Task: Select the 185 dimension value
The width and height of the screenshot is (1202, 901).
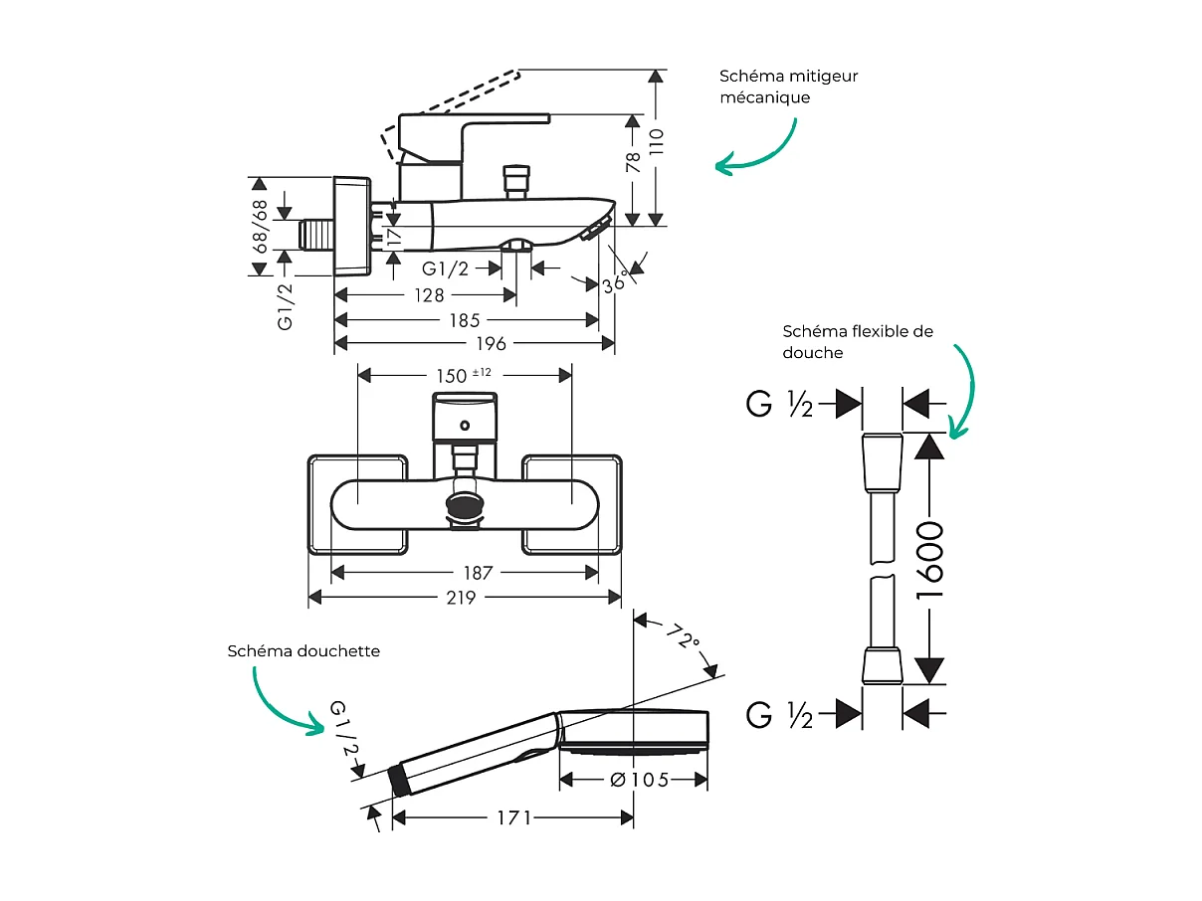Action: [465, 319]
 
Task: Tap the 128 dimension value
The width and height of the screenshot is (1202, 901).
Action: [431, 295]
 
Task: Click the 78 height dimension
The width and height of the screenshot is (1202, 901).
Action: [633, 163]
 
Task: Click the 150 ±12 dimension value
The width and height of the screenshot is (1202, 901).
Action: [464, 375]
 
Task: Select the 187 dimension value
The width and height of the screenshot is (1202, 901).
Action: [479, 573]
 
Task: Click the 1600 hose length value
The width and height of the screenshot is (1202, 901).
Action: [929, 559]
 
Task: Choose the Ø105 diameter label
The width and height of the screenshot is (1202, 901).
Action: [638, 779]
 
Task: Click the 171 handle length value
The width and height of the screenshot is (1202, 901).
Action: [514, 817]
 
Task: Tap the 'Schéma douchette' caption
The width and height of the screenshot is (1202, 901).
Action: [303, 650]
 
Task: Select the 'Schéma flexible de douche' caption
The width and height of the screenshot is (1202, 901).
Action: [858, 341]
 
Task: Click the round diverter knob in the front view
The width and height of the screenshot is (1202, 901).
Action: [465, 504]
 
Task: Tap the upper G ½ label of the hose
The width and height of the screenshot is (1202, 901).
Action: [779, 404]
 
